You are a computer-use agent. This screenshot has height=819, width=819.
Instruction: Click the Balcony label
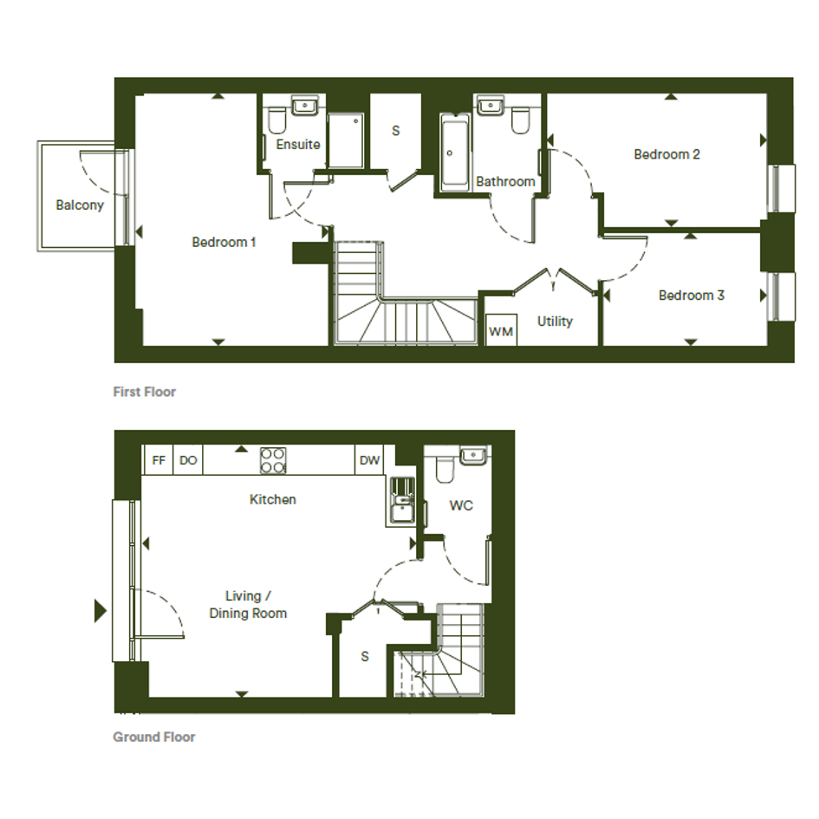pos(80,205)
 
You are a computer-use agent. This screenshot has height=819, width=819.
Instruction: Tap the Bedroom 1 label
pos(224,242)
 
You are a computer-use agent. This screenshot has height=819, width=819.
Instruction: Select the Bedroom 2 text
pos(666,154)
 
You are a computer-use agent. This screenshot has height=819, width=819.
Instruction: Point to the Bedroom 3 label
pos(691,296)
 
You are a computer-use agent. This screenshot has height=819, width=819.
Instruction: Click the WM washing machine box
pos(502,329)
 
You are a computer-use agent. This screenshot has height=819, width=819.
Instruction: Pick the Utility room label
pos(555,322)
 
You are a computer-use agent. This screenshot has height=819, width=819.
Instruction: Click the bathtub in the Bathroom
pos(454,152)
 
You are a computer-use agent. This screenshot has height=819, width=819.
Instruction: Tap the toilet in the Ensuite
pos(276,120)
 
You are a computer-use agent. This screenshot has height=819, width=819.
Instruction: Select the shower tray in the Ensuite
pos(345,140)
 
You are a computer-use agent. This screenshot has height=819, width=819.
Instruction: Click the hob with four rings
pos(273,460)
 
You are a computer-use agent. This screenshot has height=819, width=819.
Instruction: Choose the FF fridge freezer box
pos(158,460)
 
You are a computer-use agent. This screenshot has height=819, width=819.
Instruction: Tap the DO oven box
pos(188,460)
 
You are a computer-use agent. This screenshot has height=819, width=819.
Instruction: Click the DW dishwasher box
pos(369,460)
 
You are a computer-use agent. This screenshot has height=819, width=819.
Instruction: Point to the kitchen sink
pos(402,500)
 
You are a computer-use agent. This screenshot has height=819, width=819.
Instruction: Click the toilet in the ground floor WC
pos(445,470)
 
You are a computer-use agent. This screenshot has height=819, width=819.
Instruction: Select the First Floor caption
pos(145,392)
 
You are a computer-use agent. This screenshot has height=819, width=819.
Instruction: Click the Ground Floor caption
pos(154,737)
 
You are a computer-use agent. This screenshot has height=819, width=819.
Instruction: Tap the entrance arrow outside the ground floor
pos(101,611)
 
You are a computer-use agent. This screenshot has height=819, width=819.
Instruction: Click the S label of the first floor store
pos(395,131)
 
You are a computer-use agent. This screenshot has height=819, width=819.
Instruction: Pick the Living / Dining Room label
pos(248,604)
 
